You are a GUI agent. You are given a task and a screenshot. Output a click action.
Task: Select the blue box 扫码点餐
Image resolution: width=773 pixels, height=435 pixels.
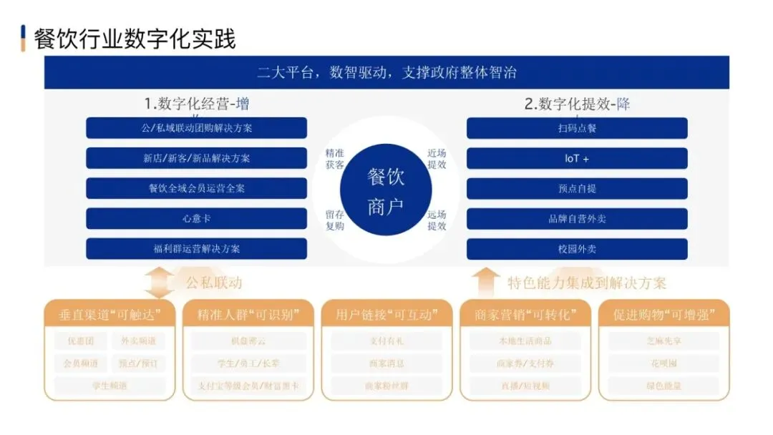[577, 128]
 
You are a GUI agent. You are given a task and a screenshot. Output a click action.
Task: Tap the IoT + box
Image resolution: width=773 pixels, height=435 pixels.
[577, 158]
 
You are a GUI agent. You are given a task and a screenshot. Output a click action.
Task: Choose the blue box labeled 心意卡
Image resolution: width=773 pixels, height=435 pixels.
[196, 218]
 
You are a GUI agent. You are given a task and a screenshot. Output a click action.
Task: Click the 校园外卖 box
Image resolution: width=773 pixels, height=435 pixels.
[577, 249]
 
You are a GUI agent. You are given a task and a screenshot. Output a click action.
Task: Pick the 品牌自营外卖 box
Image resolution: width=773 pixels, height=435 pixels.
[577, 218]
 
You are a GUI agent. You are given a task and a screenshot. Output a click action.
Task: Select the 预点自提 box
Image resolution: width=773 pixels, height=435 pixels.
[577, 188]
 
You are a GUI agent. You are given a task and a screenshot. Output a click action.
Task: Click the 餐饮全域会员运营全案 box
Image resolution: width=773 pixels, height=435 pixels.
[196, 188]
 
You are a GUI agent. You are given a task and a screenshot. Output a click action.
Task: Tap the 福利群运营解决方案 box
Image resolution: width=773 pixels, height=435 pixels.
[196, 249]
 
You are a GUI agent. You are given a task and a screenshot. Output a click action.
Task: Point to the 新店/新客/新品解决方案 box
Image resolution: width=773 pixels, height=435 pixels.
[196, 158]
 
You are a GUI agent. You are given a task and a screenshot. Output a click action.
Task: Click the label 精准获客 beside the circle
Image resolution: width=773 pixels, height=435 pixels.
[335, 159]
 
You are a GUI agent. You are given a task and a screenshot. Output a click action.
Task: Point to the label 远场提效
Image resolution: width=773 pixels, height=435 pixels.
[437, 220]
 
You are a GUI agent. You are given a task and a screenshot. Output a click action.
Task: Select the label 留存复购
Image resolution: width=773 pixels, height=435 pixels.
[335, 220]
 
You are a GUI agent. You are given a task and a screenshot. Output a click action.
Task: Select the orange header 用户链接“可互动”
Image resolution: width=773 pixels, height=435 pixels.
[386, 314]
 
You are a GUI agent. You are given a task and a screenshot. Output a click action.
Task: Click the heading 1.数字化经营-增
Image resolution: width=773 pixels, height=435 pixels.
[197, 104]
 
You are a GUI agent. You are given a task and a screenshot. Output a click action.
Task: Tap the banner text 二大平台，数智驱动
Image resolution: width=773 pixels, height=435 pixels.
[386, 73]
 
